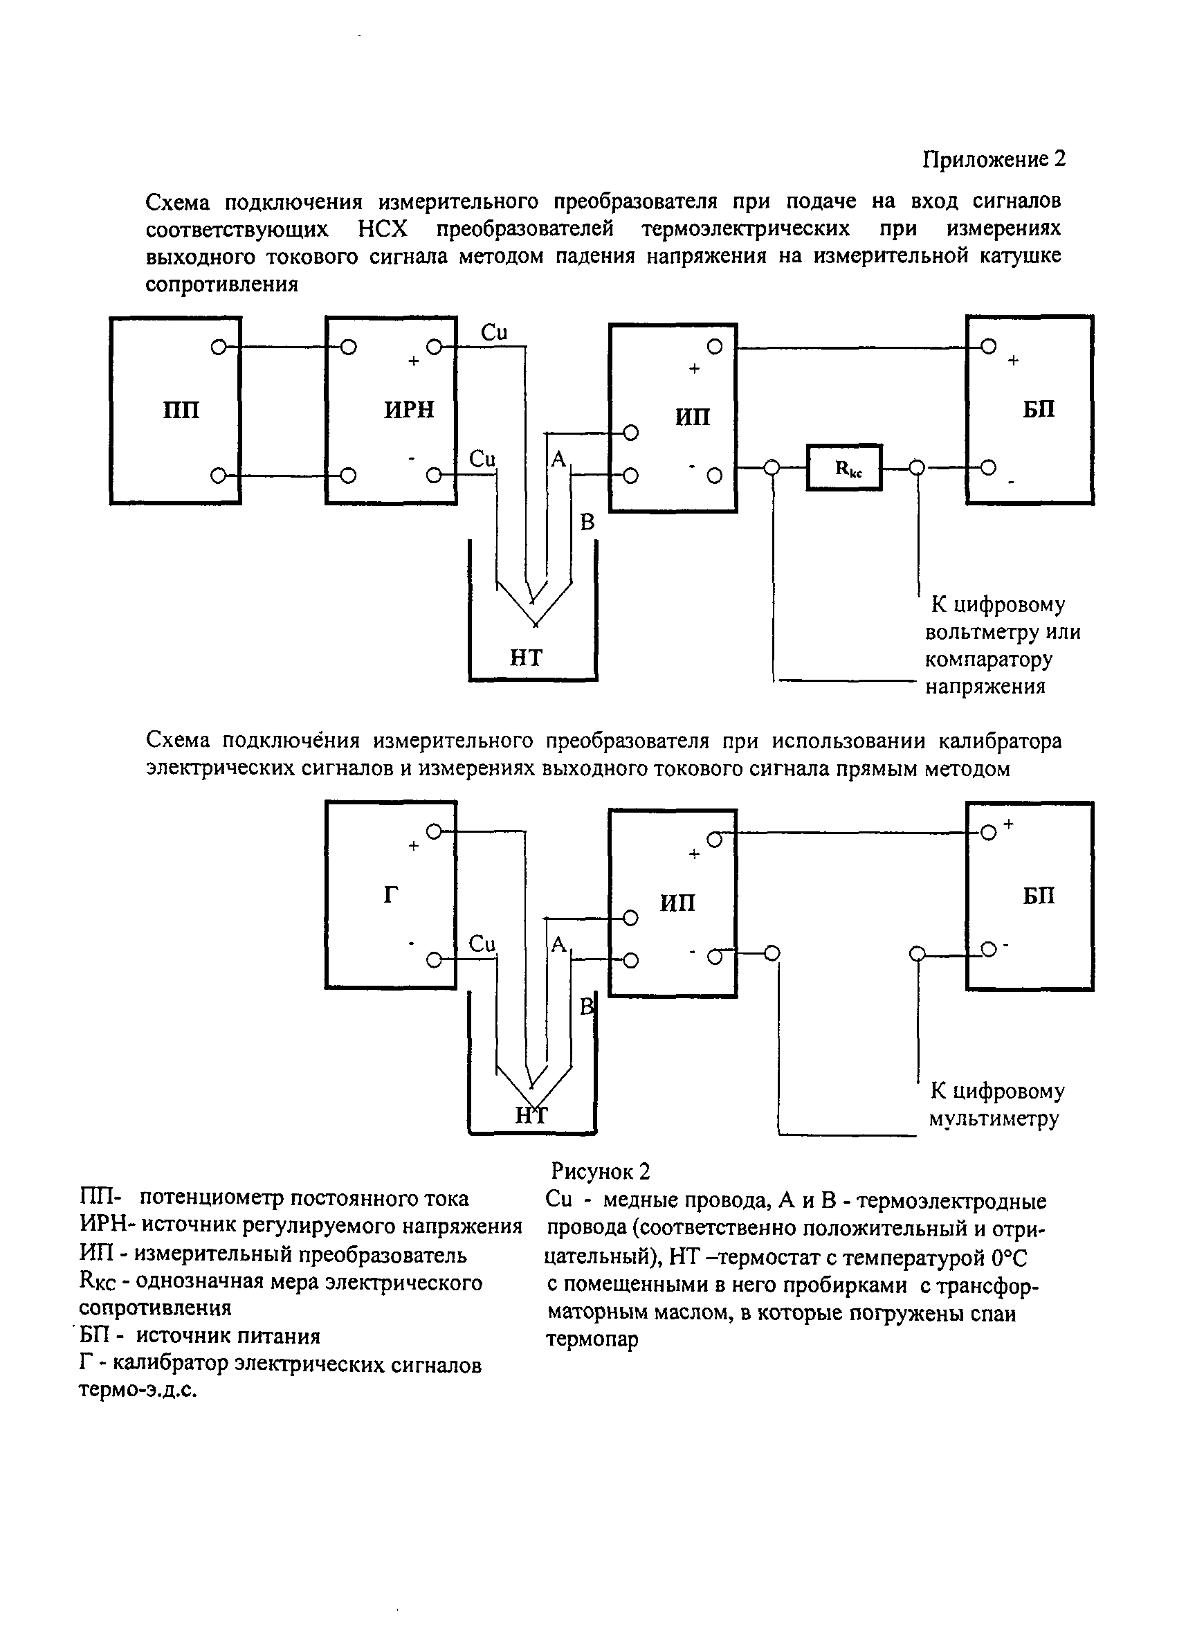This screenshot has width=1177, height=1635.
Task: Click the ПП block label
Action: pos(181,410)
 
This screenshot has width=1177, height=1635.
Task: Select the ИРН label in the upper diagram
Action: pos(409,410)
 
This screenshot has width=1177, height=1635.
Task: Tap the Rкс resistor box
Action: pos(844,468)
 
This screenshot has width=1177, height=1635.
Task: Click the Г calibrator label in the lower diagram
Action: pos(391,894)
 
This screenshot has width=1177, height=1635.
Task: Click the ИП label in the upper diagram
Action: pos(692,417)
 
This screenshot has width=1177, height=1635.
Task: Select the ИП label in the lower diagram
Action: pos(677,903)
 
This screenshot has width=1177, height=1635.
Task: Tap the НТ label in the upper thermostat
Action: pos(525,658)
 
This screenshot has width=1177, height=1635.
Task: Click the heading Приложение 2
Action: pos(994,159)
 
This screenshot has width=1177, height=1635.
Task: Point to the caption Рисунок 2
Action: pos(601,1171)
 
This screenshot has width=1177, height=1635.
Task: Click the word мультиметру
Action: pos(994,1118)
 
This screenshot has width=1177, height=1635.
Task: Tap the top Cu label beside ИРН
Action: pos(494,332)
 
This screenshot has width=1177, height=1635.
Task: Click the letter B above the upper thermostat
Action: pos(587,523)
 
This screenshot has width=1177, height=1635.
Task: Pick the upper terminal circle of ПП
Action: pos(219,347)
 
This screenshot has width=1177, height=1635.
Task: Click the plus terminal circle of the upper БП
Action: pos(989,347)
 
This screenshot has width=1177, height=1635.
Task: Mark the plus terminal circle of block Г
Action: pos(434,832)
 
